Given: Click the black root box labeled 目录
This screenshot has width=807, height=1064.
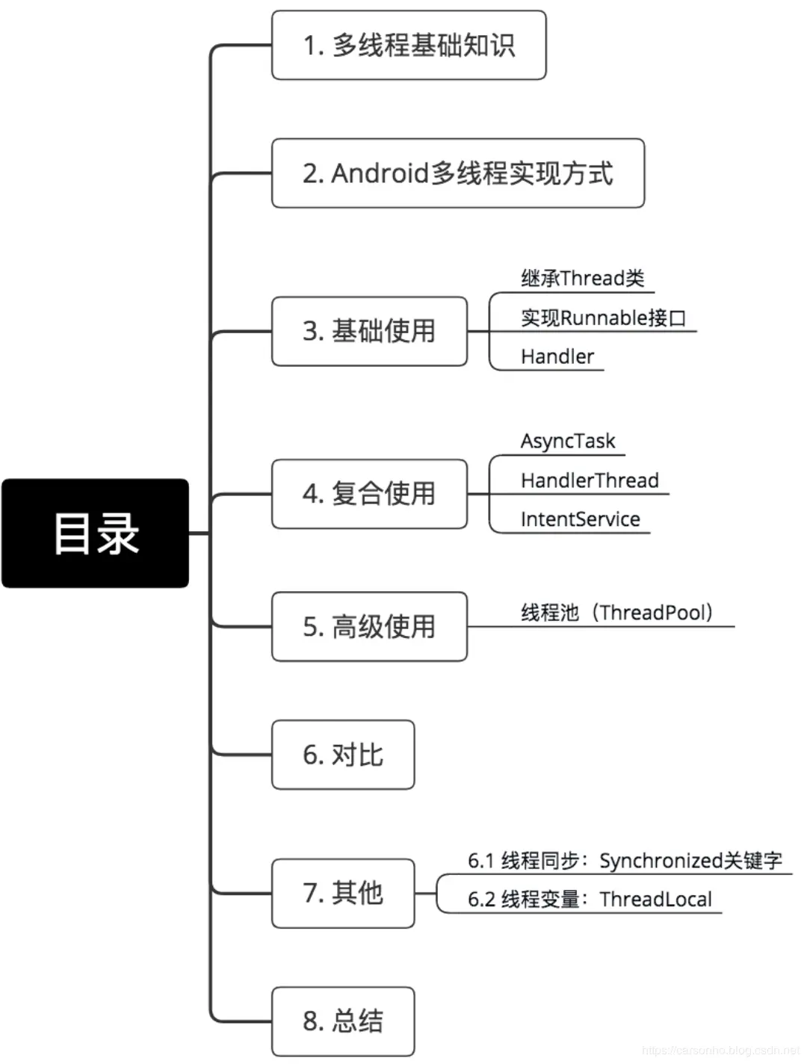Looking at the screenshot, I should point(95,533).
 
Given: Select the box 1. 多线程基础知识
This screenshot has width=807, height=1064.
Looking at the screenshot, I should point(409,45).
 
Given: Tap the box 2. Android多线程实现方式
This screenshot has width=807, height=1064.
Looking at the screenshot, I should point(457,173).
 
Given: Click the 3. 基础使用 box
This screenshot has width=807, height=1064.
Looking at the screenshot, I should point(369,331).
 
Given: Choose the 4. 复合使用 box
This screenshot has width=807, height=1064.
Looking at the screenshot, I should point(369,494).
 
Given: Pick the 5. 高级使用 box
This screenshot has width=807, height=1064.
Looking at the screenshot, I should point(369,626).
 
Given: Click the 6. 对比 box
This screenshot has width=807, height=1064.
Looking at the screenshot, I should point(342,755).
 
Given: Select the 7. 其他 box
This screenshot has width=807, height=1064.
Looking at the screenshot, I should point(342,893).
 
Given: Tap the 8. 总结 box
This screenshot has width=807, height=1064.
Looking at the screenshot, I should point(342,1021).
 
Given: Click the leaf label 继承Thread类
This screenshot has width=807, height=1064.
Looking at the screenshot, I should point(583,279).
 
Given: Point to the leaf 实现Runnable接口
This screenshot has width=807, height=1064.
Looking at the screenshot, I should point(603,318).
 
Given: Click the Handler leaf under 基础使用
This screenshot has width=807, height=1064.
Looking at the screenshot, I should point(557,356).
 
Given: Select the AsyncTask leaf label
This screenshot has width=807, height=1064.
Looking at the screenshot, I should point(568,441).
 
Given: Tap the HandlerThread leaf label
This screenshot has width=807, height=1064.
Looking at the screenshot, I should point(590,480).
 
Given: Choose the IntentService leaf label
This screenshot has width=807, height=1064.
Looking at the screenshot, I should point(581,519).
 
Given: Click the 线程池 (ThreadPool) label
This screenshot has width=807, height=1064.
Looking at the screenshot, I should point(617,613).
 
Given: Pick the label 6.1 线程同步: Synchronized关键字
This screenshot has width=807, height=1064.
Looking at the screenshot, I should point(625,861).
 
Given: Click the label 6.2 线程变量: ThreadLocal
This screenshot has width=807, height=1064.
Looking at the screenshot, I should point(590,899).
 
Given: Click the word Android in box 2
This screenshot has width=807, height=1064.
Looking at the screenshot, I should point(380,173).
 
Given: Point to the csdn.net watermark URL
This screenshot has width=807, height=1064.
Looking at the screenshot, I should point(720,1051).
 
